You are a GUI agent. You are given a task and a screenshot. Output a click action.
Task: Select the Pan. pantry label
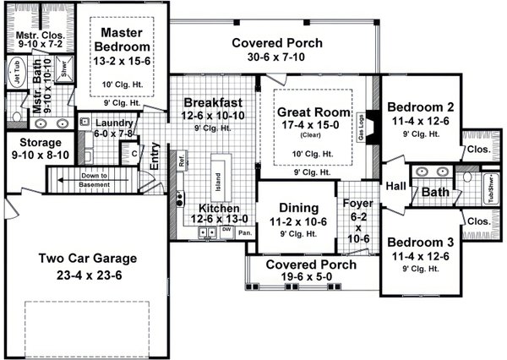245,231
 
